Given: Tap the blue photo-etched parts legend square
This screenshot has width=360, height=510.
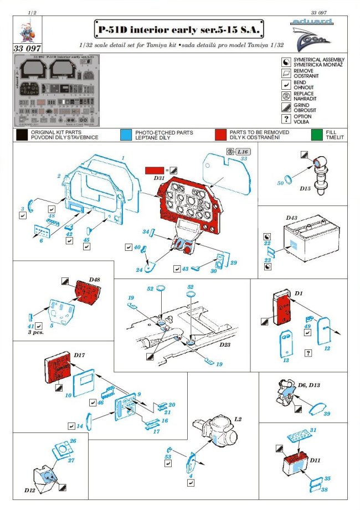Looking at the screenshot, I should [126, 135].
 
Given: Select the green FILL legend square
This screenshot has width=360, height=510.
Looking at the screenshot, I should [316, 135].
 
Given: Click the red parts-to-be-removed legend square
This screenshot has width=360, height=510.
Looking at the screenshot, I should [220, 135].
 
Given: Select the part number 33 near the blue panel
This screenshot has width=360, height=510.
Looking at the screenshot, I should [243, 159].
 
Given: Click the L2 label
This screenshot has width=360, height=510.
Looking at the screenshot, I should [238, 420].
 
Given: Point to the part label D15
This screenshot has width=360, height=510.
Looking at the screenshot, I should [305, 189].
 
